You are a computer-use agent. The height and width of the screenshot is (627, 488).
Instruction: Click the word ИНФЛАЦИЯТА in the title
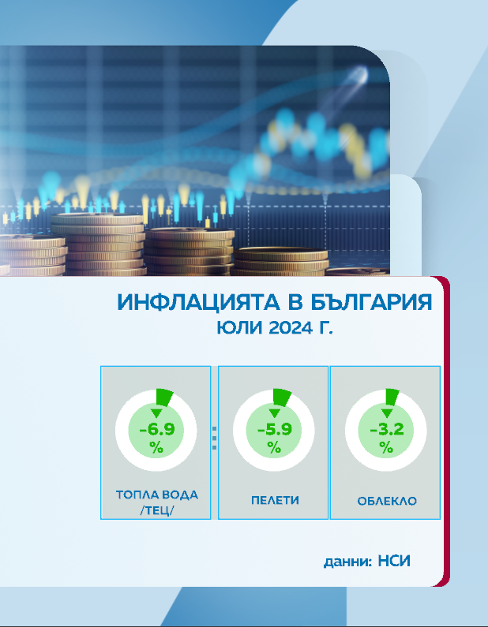click(x=198, y=302)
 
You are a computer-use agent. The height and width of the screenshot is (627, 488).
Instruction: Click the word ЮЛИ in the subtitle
click(x=240, y=328)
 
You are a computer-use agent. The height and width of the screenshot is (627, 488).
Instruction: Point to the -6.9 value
click(x=157, y=430)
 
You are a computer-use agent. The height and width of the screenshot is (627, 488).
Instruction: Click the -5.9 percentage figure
click(x=275, y=430)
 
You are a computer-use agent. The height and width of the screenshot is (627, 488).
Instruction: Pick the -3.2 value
click(x=387, y=430)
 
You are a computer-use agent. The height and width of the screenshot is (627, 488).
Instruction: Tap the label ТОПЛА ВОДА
click(x=157, y=495)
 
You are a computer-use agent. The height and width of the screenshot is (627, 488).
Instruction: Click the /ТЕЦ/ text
click(x=157, y=510)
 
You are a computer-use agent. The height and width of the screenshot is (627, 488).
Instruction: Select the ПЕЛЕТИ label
click(x=275, y=500)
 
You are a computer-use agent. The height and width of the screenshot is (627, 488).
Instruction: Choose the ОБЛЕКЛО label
click(x=387, y=501)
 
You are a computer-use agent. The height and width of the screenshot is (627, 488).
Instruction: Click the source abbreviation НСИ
click(x=394, y=561)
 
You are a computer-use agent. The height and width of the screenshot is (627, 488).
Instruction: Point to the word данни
click(x=347, y=562)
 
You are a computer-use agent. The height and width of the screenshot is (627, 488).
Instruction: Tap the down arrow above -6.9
click(x=156, y=413)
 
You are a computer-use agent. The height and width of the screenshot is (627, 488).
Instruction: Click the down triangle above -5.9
click(x=274, y=413)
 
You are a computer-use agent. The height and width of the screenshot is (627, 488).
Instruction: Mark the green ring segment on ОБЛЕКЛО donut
click(x=392, y=397)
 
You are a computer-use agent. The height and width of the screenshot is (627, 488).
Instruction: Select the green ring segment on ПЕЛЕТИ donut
click(x=282, y=397)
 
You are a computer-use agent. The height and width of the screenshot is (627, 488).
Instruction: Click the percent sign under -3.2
click(x=386, y=447)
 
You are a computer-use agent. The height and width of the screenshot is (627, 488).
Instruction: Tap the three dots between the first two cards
click(x=214, y=438)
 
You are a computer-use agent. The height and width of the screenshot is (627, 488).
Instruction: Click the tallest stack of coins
click(x=98, y=244)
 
